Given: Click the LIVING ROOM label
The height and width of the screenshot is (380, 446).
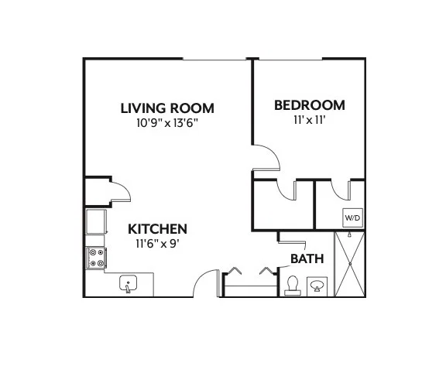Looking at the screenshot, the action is pos(167,108).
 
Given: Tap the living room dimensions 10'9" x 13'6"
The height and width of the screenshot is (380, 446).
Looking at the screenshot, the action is pos(167,123).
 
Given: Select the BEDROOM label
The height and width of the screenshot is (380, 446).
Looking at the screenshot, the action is pos(310,105).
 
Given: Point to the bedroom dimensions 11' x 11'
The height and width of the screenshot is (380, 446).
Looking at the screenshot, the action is pos(310,120).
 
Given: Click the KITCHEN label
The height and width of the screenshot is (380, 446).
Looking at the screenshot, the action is pos(158,229).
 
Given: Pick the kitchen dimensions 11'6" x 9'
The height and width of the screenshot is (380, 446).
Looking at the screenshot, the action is pos(158,244).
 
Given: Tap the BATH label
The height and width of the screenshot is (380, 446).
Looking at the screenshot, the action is pos(307,258).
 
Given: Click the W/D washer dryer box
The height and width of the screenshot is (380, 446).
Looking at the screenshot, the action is pos(353,217).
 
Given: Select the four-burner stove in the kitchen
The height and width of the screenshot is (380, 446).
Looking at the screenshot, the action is pos(96,258).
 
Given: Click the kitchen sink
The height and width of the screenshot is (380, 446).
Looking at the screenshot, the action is pos(128,283).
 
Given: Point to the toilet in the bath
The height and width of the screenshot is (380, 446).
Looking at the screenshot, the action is pos(293,286).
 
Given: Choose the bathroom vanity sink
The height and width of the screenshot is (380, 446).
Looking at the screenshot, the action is pos(317,286).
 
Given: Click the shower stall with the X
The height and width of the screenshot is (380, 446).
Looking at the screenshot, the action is pos(350,265).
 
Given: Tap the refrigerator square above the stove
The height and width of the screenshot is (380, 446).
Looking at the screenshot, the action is pos(96,221).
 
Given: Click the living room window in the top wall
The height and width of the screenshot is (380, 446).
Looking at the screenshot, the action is pos(214,60).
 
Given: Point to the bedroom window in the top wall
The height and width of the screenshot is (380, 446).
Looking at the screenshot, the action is pos(290,60).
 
